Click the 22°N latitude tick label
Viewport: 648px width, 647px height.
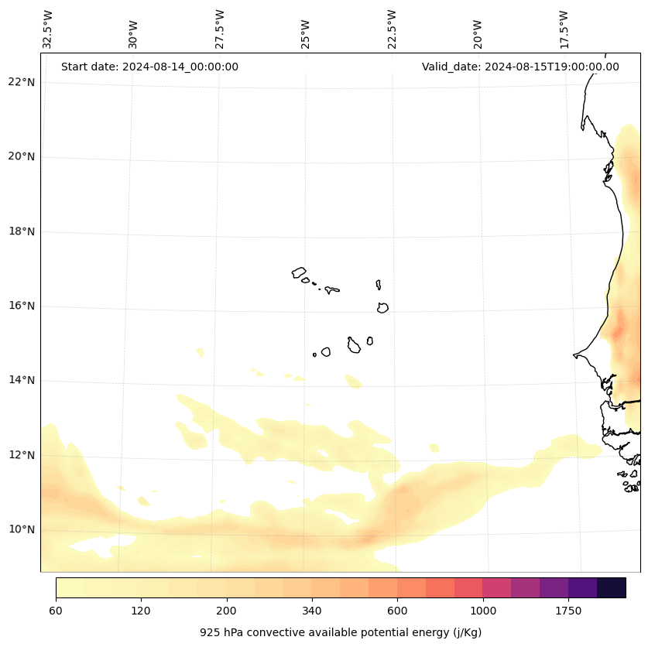click(22, 82)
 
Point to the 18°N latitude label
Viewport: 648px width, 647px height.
click(22, 231)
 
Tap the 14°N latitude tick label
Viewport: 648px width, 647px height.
click(22, 380)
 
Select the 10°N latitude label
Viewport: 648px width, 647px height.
click(22, 529)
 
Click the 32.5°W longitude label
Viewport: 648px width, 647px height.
click(48, 29)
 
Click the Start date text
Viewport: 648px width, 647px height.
click(149, 67)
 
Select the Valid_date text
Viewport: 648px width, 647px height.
click(520, 67)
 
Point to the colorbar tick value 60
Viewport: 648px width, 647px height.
click(56, 611)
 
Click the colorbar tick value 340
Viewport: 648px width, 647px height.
click(312, 611)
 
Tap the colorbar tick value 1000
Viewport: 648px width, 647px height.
click(482, 611)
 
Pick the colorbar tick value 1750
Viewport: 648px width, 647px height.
click(568, 611)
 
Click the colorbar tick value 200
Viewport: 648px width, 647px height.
click(226, 611)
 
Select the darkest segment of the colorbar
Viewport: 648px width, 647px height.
click(612, 587)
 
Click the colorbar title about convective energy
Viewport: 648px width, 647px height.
click(341, 632)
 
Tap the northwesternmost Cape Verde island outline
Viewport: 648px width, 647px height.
click(299, 272)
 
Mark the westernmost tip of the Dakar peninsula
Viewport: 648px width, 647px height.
click(574, 355)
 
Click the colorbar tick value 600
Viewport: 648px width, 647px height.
click(397, 611)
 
